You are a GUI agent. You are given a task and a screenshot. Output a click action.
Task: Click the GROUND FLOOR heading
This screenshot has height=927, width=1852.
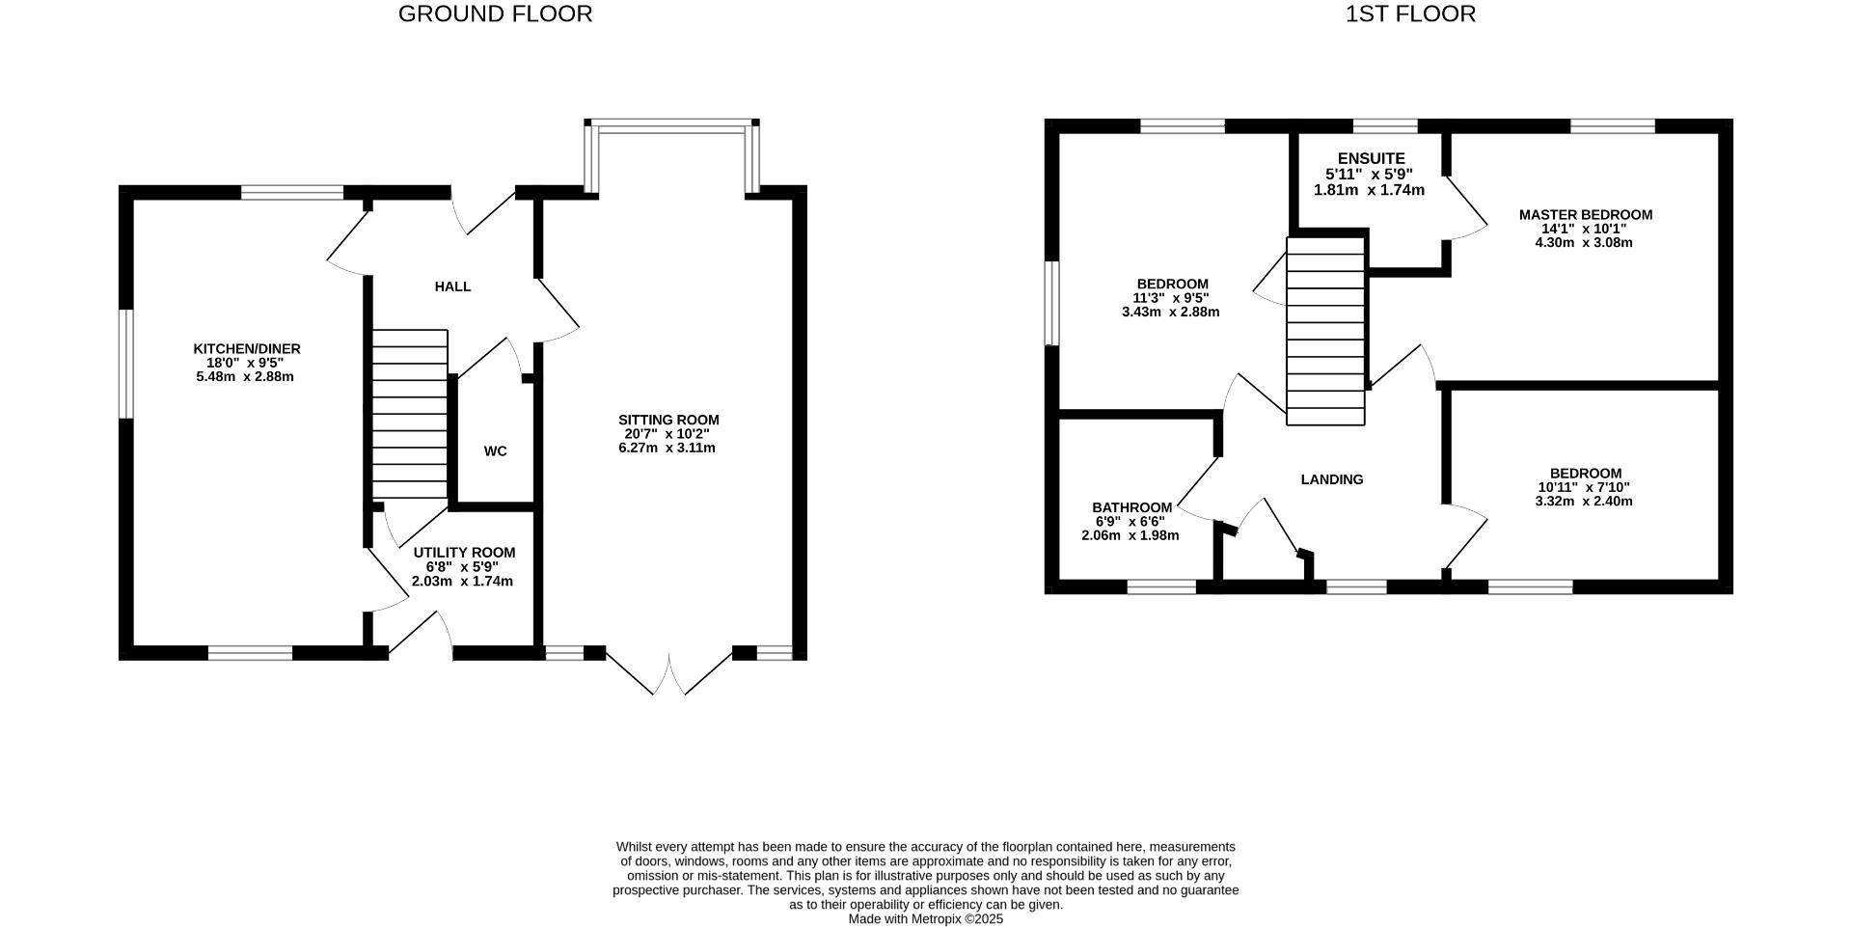click(495, 14)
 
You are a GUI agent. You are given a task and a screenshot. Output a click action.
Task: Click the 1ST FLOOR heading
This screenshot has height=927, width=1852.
click(1410, 14)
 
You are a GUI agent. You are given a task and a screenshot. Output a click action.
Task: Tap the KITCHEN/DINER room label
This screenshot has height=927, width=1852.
click(247, 349)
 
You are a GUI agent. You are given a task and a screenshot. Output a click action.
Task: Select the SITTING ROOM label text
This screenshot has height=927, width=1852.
click(668, 421)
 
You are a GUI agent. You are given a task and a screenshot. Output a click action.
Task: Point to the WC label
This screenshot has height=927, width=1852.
click(495, 451)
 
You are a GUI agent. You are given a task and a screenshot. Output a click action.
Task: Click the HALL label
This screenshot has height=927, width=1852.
click(452, 286)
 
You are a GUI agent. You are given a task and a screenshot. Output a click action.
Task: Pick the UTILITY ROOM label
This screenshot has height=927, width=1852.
click(464, 553)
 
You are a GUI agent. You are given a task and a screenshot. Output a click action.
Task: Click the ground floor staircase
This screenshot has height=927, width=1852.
click(410, 414)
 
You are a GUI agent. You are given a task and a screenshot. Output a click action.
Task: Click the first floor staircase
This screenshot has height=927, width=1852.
click(1326, 331)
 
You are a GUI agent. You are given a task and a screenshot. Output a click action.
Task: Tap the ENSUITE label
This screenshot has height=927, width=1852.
click(1371, 159)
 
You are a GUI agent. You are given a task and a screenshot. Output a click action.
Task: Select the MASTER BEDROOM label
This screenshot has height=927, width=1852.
click(1585, 215)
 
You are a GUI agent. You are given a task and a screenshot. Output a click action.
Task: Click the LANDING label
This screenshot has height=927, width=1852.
click(1331, 479)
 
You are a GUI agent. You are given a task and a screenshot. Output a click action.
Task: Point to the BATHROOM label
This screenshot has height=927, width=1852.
click(1131, 507)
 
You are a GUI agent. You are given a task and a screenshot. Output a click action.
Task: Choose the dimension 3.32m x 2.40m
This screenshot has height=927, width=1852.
click(1584, 502)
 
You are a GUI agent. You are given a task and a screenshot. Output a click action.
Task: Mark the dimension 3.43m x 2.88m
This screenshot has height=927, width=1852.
click(1171, 313)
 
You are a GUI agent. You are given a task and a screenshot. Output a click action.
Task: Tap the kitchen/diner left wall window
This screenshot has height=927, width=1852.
click(125, 364)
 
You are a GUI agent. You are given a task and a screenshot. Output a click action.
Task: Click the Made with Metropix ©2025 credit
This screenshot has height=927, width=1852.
click(925, 919)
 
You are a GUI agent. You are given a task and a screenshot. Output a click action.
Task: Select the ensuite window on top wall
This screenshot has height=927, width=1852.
click(1385, 125)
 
